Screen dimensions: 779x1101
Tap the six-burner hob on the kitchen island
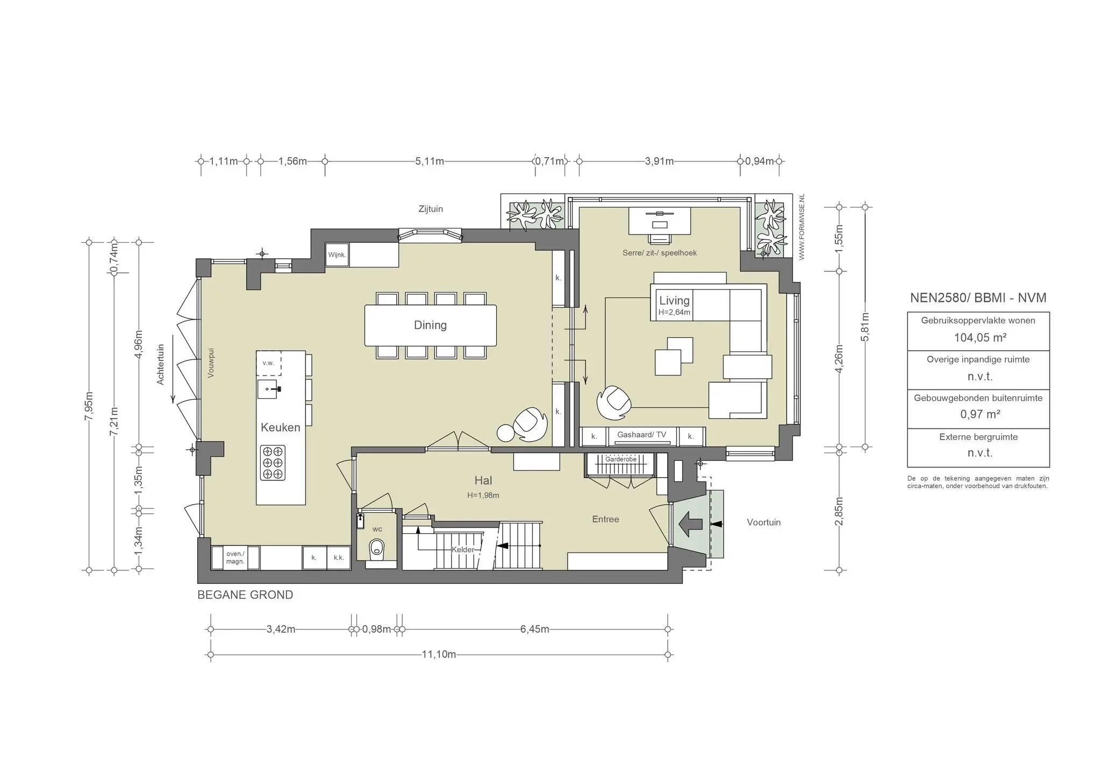(273, 463)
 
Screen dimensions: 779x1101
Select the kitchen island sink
(267, 388)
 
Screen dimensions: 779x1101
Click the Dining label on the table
(430, 325)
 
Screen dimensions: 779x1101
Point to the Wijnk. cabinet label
(337, 255)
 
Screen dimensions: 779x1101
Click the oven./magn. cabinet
(235, 558)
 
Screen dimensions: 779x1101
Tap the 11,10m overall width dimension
(439, 655)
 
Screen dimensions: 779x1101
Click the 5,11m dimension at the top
(430, 161)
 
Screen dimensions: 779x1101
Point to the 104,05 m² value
(980, 338)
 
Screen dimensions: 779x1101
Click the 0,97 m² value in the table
(980, 414)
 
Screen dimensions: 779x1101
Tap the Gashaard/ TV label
(641, 435)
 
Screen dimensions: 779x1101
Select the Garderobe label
(620, 459)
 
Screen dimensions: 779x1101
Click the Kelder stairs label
(463, 549)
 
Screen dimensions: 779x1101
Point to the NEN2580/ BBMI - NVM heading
(978, 298)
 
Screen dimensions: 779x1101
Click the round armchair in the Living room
(614, 402)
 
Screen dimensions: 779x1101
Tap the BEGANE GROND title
(245, 595)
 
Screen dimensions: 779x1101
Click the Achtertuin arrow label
(160, 365)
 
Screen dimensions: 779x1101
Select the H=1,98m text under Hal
(483, 495)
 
